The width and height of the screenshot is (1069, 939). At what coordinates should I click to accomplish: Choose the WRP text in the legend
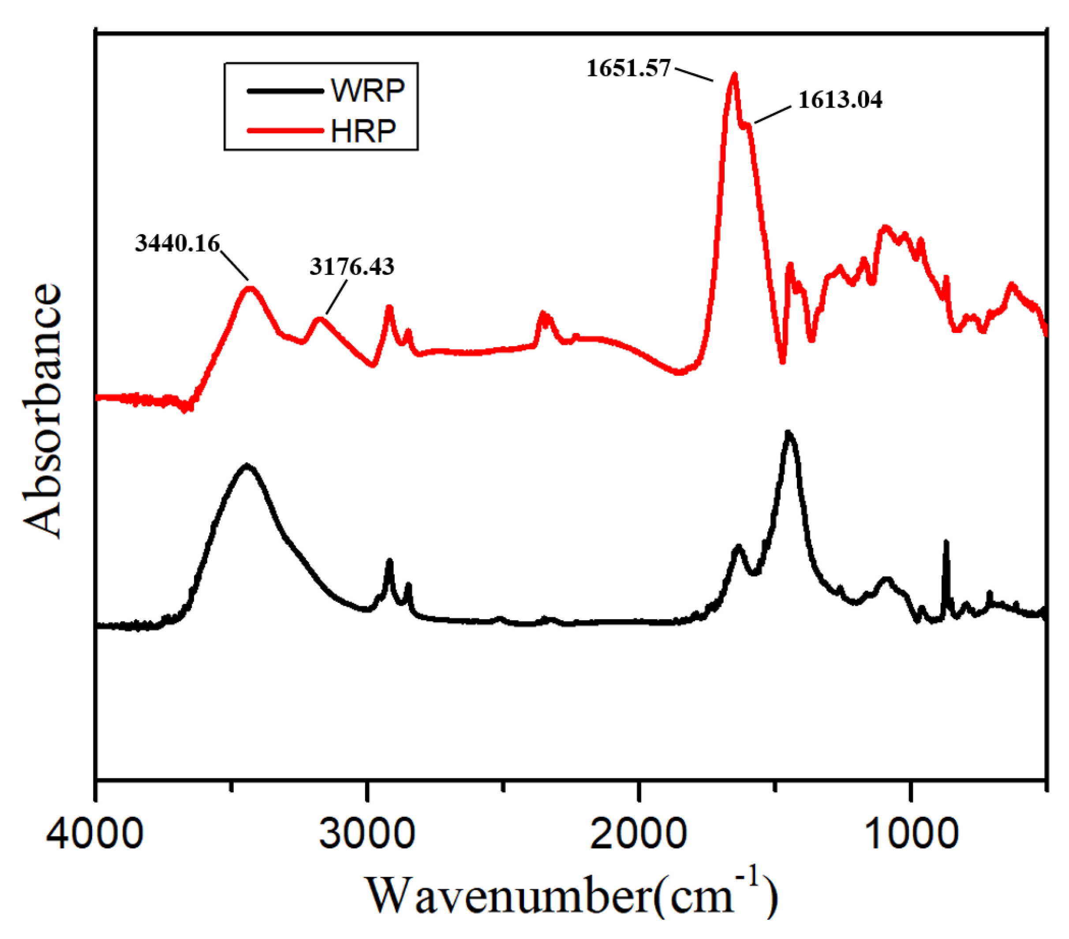click(x=368, y=91)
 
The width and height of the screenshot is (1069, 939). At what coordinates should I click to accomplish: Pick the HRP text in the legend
click(x=363, y=131)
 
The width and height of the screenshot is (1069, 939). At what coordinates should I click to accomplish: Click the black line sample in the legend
click(x=285, y=91)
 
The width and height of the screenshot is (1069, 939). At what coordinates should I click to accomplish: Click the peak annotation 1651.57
click(x=628, y=68)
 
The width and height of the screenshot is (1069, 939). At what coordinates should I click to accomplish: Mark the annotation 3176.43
click(x=352, y=267)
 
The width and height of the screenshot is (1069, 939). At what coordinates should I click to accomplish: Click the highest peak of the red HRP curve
click(x=735, y=75)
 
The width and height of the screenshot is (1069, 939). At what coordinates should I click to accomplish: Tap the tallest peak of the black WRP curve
click(x=788, y=433)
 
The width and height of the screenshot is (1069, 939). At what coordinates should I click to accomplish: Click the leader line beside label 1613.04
click(x=773, y=115)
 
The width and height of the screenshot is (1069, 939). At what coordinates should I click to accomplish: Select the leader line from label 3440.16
click(x=234, y=265)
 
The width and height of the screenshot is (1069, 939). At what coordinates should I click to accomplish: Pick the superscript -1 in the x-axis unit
click(x=751, y=877)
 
